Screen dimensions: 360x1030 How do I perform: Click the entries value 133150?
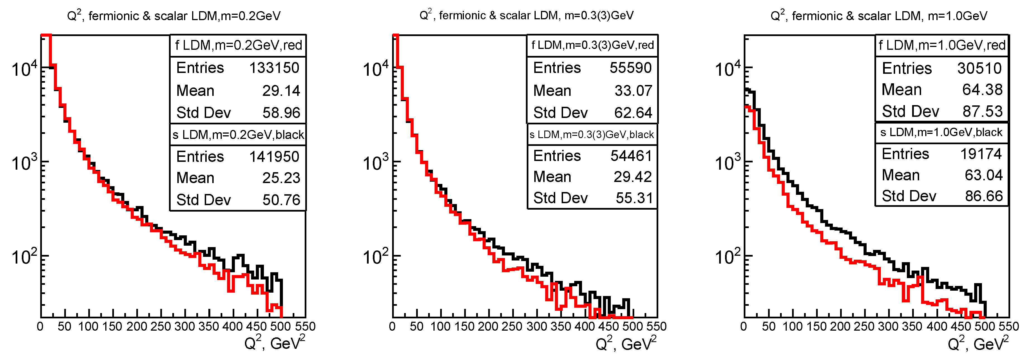pos(274,68)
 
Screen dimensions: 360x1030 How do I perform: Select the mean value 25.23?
pos(281,178)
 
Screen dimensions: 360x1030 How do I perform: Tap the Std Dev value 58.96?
pos(281,113)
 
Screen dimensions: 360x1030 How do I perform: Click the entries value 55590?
pos(631,68)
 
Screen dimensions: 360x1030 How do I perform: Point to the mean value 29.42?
pos(633,177)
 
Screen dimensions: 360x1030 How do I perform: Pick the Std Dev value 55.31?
pos(634,198)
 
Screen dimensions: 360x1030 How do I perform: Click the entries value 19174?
pos(981,154)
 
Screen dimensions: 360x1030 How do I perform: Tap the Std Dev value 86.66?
pos(984,196)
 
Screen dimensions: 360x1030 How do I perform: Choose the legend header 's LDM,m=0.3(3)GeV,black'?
pos(592,135)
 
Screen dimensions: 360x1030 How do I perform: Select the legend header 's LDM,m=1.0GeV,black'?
pos(941,132)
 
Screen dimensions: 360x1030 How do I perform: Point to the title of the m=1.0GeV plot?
pos(878,16)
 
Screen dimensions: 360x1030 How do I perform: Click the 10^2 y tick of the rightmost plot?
pos(727,256)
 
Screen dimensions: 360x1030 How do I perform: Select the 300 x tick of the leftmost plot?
pos(184,326)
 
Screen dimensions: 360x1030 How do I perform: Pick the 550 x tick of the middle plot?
pos(657,326)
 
